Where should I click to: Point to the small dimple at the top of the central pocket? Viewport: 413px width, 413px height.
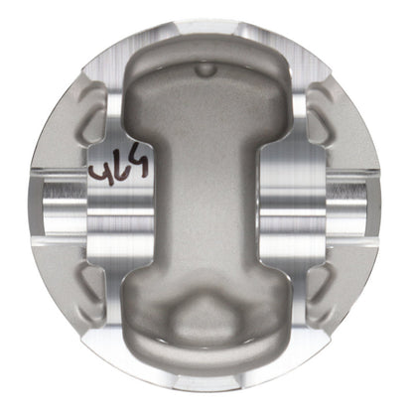tap(206, 69)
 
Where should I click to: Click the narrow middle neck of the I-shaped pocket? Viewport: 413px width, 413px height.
tap(206, 204)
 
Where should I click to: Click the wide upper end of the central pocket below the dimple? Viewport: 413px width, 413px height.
tap(206, 99)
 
